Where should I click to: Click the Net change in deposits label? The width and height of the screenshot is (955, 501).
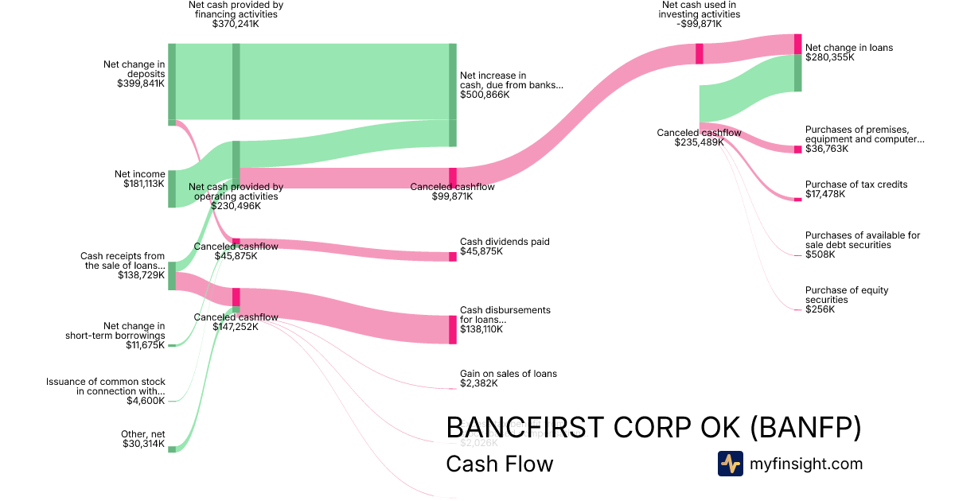tap(134, 69)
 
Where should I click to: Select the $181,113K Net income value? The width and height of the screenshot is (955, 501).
tap(144, 184)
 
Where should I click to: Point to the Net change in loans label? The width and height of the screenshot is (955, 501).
tap(849, 48)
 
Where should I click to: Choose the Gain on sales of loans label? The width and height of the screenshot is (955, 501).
tap(509, 374)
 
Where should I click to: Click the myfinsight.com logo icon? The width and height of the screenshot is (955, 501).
tap(730, 464)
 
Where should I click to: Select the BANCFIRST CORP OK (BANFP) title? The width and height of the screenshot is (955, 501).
tap(653, 428)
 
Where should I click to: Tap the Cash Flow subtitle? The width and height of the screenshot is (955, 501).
tap(499, 464)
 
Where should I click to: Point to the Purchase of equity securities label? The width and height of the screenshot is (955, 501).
tap(847, 295)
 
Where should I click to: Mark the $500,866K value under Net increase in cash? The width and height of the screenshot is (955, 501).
tap(485, 95)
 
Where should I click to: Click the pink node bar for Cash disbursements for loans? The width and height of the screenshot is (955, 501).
tap(453, 329)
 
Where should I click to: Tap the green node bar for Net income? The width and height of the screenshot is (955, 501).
tap(172, 188)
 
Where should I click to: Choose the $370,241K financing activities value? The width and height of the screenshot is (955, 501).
tap(236, 24)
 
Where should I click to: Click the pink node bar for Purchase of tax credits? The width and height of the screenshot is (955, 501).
tap(798, 199)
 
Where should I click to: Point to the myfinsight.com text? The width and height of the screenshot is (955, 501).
tap(806, 464)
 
